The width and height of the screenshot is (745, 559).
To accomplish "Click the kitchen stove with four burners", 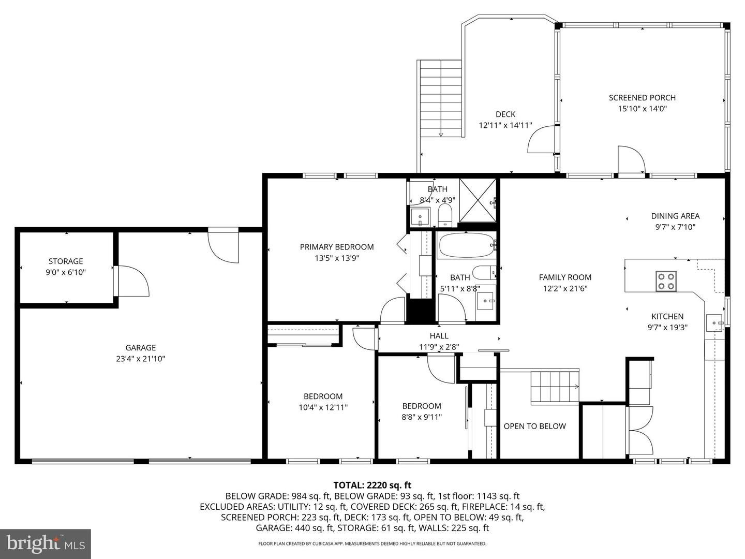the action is (x=665, y=281).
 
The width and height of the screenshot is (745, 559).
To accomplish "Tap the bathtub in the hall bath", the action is (x=466, y=245).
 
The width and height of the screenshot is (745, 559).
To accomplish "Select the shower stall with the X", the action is (x=478, y=200).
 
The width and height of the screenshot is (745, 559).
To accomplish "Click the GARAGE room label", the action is (x=141, y=347).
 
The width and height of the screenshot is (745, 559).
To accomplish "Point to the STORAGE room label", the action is (x=66, y=261).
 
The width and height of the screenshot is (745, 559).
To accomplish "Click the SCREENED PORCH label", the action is (x=642, y=98).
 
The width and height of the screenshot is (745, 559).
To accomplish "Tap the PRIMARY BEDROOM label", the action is (x=337, y=247).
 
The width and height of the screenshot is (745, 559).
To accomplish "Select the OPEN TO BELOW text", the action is (x=534, y=426).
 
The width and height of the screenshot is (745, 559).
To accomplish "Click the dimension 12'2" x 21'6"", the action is (x=565, y=288).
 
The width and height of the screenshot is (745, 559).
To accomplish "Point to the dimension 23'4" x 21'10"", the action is (x=141, y=359).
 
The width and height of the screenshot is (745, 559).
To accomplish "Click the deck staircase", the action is (x=441, y=98).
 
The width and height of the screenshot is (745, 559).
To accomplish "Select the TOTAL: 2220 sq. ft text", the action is (x=372, y=485).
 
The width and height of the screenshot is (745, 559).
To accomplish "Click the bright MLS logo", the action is (x=46, y=543).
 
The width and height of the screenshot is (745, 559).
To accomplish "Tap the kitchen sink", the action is (x=714, y=323).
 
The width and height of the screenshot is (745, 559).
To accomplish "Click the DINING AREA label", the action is (x=676, y=216).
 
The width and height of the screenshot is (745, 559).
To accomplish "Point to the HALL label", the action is (x=439, y=336).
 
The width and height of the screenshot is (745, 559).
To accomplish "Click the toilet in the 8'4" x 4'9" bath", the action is (x=445, y=215).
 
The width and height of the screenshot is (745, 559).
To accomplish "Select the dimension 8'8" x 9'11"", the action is (x=422, y=417).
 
